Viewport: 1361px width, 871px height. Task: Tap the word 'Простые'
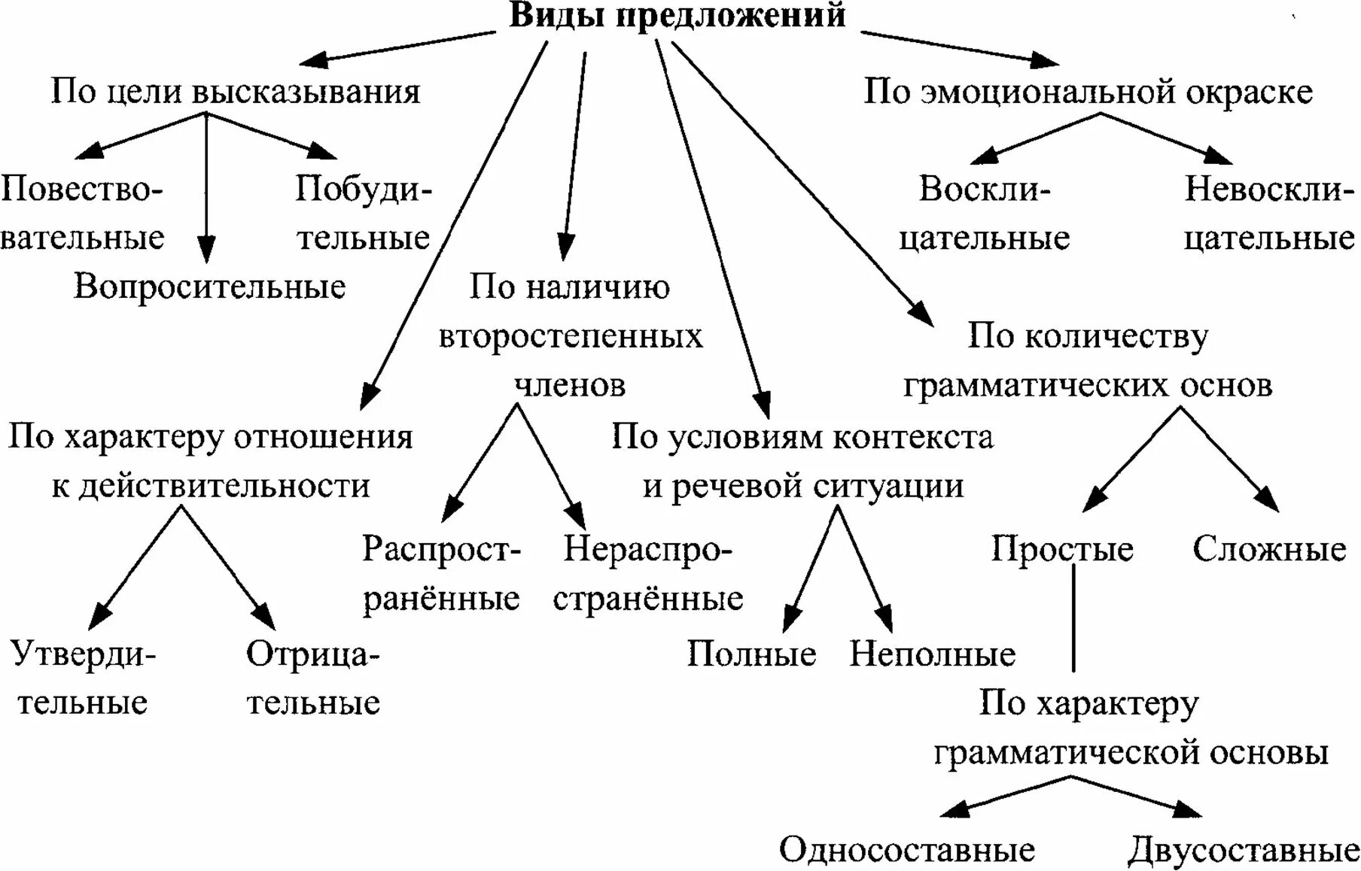click(x=1061, y=549)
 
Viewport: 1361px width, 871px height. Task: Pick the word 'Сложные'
click(x=1269, y=549)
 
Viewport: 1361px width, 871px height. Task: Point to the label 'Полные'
click(x=751, y=654)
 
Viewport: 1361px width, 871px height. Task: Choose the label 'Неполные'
click(x=932, y=654)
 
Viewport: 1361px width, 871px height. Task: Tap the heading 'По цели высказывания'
click(x=235, y=92)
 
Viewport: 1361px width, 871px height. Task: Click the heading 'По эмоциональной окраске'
click(x=1088, y=92)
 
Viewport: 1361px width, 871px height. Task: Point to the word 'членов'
click(x=570, y=385)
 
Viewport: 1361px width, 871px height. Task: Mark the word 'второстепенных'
click(x=570, y=336)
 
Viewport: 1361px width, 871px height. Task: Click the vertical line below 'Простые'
click(x=1073, y=617)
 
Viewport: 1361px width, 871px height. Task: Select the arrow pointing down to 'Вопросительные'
click(x=206, y=188)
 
